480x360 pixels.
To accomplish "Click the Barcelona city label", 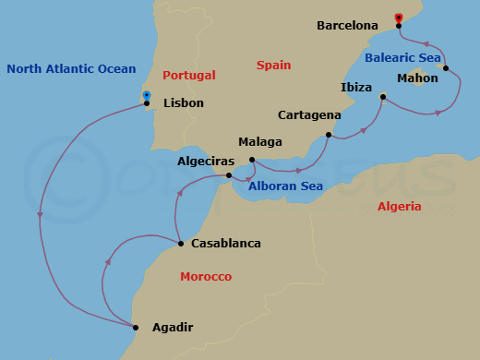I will (347, 26).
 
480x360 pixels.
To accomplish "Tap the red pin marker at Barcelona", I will (399, 17).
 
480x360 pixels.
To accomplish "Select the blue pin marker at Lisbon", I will (147, 94).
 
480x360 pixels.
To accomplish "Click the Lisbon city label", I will (183, 104).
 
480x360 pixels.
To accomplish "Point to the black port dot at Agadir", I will (136, 328).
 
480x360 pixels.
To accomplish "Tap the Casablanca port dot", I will (181, 244).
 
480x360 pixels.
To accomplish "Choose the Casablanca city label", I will (225, 244).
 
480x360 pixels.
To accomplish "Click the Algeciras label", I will (198, 161).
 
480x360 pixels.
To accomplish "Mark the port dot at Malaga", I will (252, 159).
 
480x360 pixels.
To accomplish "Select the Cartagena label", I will (309, 115).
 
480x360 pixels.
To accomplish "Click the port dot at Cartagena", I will (328, 136).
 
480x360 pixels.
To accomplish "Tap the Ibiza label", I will (356, 88).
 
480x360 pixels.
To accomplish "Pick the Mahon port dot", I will (446, 68).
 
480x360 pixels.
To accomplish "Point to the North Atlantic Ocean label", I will (71, 69).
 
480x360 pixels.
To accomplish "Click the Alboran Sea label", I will (284, 186).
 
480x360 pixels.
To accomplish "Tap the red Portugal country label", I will (188, 75).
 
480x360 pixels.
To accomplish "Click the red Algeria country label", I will (399, 207).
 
